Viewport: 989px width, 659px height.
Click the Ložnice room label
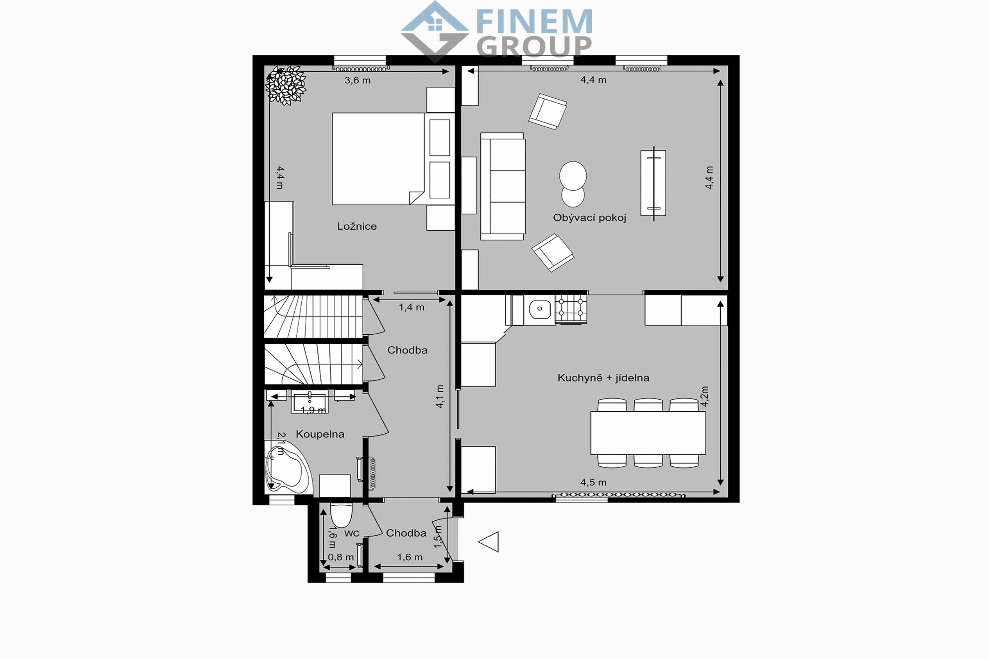pyautogui.click(x=357, y=226)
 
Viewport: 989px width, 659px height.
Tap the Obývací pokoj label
pyautogui.click(x=589, y=218)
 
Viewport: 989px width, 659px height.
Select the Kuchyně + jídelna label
pyautogui.click(x=604, y=378)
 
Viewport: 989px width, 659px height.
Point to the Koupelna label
pyautogui.click(x=320, y=434)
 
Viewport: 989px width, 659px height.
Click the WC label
pyautogui.click(x=352, y=533)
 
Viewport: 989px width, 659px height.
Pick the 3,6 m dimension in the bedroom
pyautogui.click(x=357, y=80)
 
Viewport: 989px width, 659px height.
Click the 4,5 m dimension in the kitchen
pyautogui.click(x=593, y=482)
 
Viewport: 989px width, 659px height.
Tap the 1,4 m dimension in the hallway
pyautogui.click(x=411, y=307)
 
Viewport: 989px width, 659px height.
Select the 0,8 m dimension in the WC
pyautogui.click(x=340, y=557)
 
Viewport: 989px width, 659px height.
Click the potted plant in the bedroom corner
pyautogui.click(x=286, y=85)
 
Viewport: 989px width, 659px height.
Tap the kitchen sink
pyautogui.click(x=540, y=310)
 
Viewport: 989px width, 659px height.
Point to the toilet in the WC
pyautogui.click(x=341, y=515)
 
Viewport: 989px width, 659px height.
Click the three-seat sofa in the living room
pyautogui.click(x=503, y=186)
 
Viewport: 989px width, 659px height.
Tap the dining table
pyautogui.click(x=648, y=433)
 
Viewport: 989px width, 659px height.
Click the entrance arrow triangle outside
pyautogui.click(x=489, y=542)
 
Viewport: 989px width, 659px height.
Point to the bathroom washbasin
pyautogui.click(x=309, y=402)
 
